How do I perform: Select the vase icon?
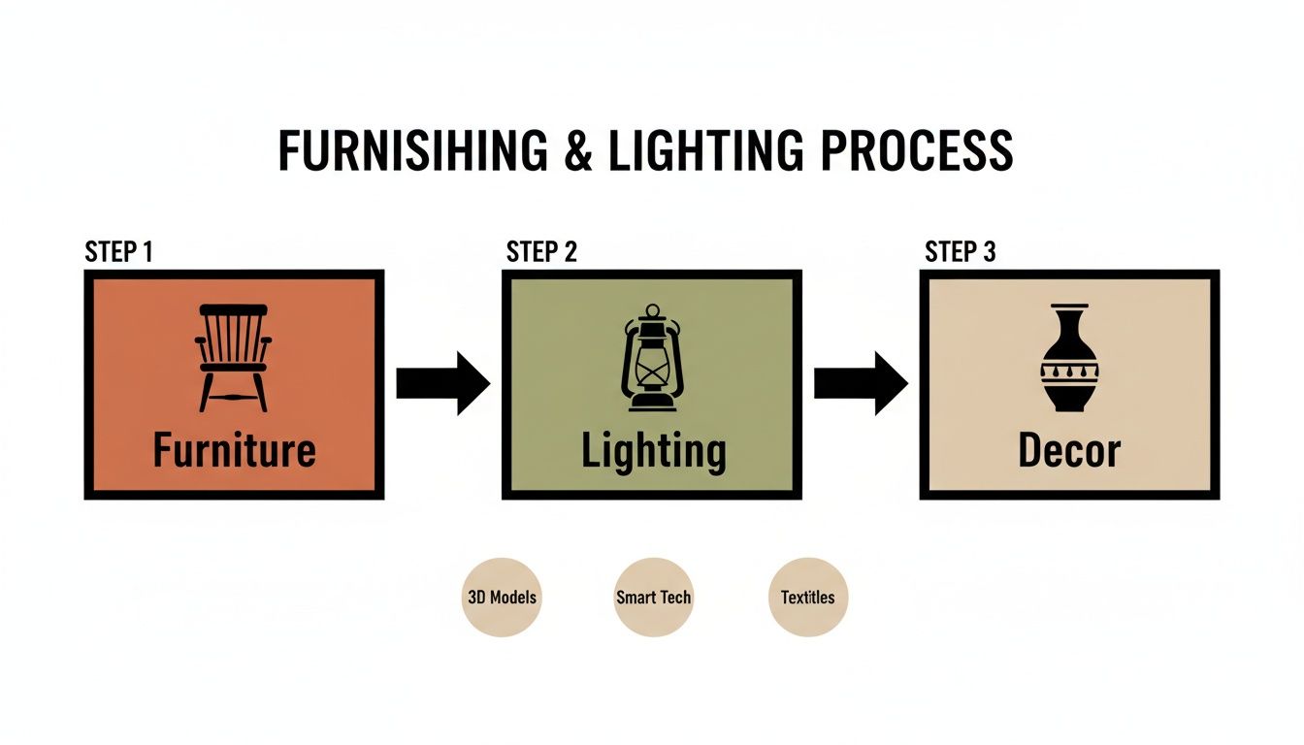click(x=1069, y=358)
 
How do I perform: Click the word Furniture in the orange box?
click(x=235, y=450)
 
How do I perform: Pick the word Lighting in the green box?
click(x=653, y=452)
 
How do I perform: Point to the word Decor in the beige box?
click(x=1069, y=451)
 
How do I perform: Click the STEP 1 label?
click(x=118, y=252)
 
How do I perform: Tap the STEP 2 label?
click(x=541, y=252)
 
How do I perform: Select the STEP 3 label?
click(x=961, y=252)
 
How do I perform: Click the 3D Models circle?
click(x=501, y=597)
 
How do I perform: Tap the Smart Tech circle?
click(x=653, y=597)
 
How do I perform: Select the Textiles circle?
click(x=807, y=597)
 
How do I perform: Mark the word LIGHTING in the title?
click(x=706, y=152)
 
